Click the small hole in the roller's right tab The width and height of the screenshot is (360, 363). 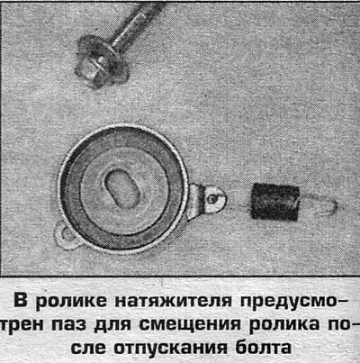coord(214,195)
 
